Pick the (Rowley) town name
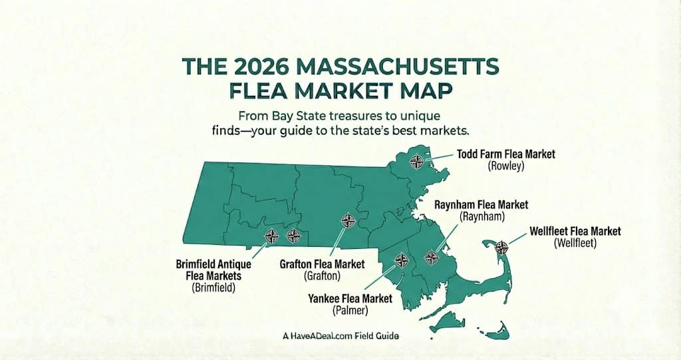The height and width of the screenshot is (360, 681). click(506, 166)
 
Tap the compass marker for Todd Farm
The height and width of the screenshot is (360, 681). click(417, 160)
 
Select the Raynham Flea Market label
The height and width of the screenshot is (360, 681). click(481, 205)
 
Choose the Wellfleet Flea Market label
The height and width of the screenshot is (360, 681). click(575, 231)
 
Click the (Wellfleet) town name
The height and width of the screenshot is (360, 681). click(575, 244)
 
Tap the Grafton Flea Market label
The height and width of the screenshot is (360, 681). click(322, 264)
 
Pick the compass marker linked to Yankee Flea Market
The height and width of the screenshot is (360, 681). click(401, 260)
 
